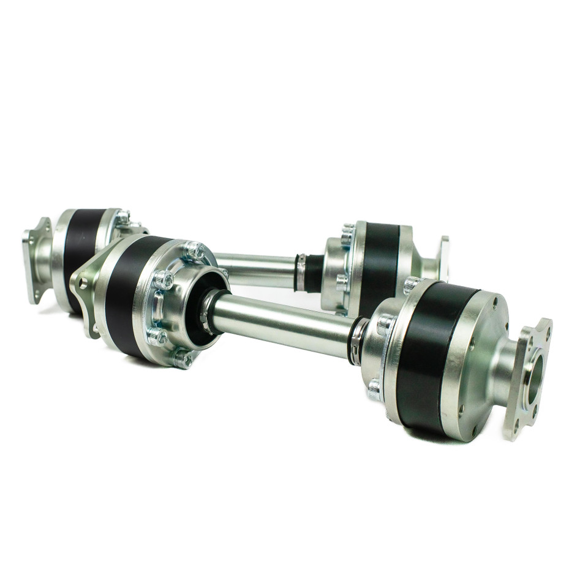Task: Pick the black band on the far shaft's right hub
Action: (379, 263)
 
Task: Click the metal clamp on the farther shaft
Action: (300, 273)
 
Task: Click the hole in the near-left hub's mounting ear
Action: (83, 283)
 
